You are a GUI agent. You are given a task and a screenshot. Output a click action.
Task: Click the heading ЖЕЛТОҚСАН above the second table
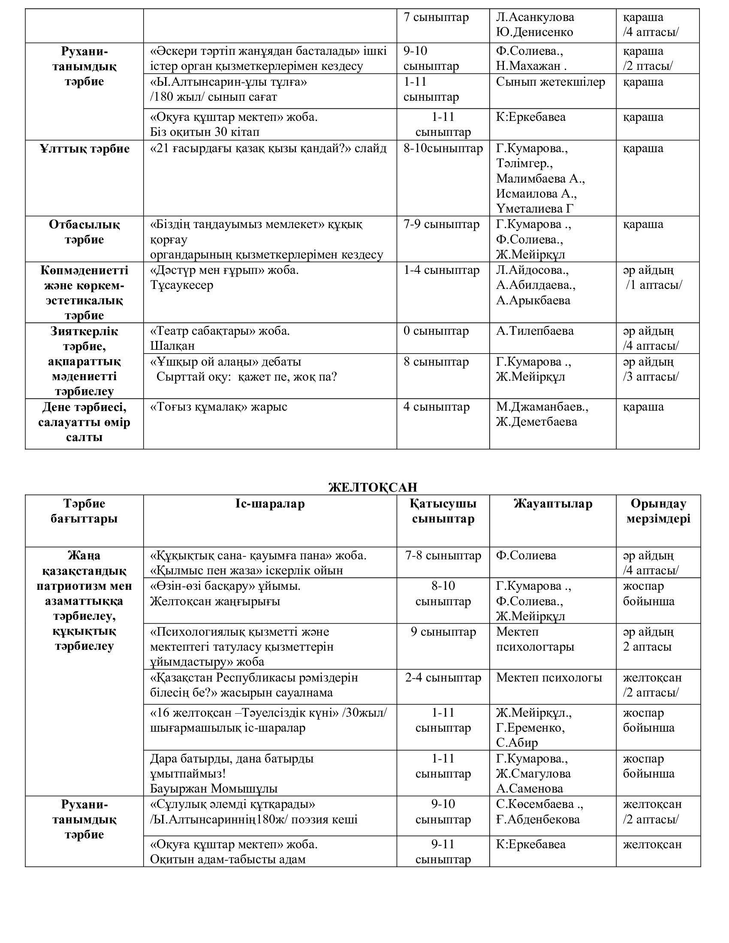pos(373,487)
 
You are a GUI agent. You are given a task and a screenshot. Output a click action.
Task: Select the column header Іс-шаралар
pos(270,504)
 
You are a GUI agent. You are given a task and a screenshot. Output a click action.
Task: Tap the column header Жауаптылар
pos(553,504)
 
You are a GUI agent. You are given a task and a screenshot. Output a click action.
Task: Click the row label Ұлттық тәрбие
pos(84,149)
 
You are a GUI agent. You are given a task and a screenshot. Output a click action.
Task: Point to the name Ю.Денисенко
pos(535,33)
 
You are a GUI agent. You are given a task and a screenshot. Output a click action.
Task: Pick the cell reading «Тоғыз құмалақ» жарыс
pos(219,407)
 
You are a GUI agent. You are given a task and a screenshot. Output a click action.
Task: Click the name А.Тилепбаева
pos(535,331)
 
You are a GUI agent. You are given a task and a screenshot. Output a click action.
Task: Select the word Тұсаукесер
pos(182,285)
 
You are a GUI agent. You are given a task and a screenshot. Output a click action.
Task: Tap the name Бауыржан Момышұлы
pos(214,788)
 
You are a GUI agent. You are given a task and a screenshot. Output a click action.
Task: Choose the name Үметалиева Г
pos(535,209)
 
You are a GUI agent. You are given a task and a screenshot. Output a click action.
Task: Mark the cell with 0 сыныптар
pos(436,331)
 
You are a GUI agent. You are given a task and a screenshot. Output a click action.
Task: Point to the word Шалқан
pos(172,346)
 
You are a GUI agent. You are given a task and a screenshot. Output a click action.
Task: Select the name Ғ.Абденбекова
pos(538,819)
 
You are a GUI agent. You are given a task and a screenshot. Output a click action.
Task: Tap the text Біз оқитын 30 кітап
pos(205,132)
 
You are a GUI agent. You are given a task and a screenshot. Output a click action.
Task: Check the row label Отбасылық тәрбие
pos(84,232)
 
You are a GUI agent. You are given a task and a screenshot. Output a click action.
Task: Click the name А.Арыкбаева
pos(533,300)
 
